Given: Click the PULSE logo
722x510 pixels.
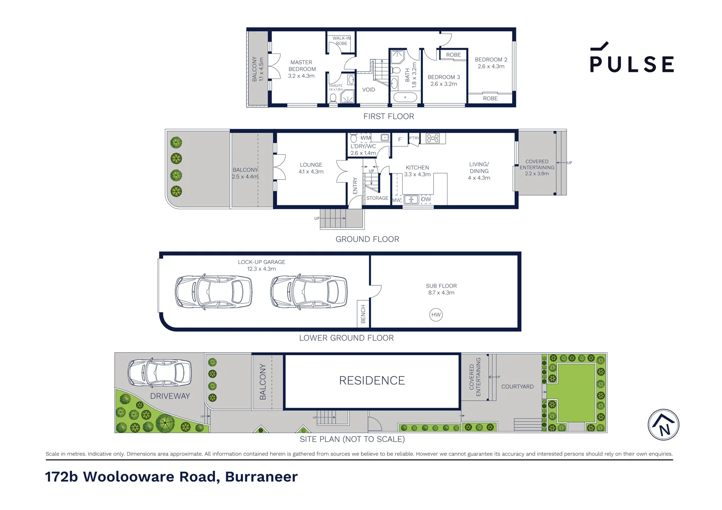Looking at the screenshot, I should tap(631, 58).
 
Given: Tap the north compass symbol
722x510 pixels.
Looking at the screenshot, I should tap(663, 425).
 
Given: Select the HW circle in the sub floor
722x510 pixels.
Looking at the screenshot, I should tap(436, 314).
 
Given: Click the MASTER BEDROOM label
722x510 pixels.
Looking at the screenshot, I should tap(301, 69).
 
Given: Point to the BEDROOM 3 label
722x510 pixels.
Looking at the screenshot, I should tap(443, 80).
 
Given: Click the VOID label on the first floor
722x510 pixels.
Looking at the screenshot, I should tap(369, 90).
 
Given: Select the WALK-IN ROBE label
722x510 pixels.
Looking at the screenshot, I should tap(341, 41).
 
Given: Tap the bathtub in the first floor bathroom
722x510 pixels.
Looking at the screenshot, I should tap(405, 98).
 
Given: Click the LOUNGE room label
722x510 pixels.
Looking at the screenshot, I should tap(311, 168).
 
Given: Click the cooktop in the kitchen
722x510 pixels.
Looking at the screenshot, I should tap(432, 138).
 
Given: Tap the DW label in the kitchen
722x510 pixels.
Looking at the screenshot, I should tap(426, 199).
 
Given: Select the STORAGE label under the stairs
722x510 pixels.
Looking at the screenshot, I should tap(377, 198).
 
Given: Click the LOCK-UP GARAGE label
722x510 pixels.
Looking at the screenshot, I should tap(261, 265).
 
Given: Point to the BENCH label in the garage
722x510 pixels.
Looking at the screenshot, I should tap(363, 314).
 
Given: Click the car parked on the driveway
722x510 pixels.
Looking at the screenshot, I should tap(160, 373).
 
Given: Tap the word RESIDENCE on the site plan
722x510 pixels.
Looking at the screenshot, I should tap(372, 381).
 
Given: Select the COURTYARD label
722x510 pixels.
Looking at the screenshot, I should tap(517, 387).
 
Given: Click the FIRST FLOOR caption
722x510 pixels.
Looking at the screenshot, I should tap(388, 117).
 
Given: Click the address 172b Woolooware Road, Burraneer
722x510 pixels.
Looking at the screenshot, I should tap(172, 477).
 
